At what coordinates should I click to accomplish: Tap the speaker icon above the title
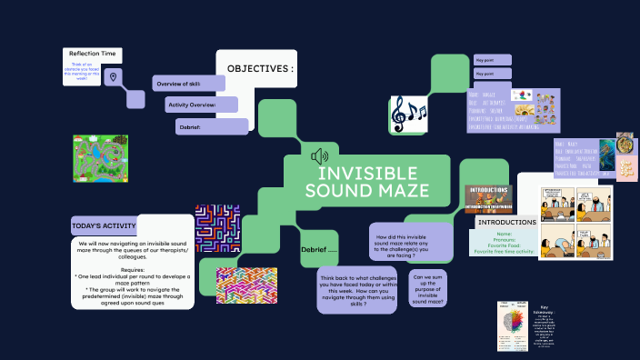pos(319,155)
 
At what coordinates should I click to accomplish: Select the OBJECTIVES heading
pos(260,69)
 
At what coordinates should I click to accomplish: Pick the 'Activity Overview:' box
pos(200,105)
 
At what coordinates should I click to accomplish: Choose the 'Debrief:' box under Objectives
pos(211,127)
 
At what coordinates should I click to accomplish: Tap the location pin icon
pos(113,78)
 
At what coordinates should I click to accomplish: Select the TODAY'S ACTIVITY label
pos(104,225)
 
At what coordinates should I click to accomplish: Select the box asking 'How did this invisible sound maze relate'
pos(411,244)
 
